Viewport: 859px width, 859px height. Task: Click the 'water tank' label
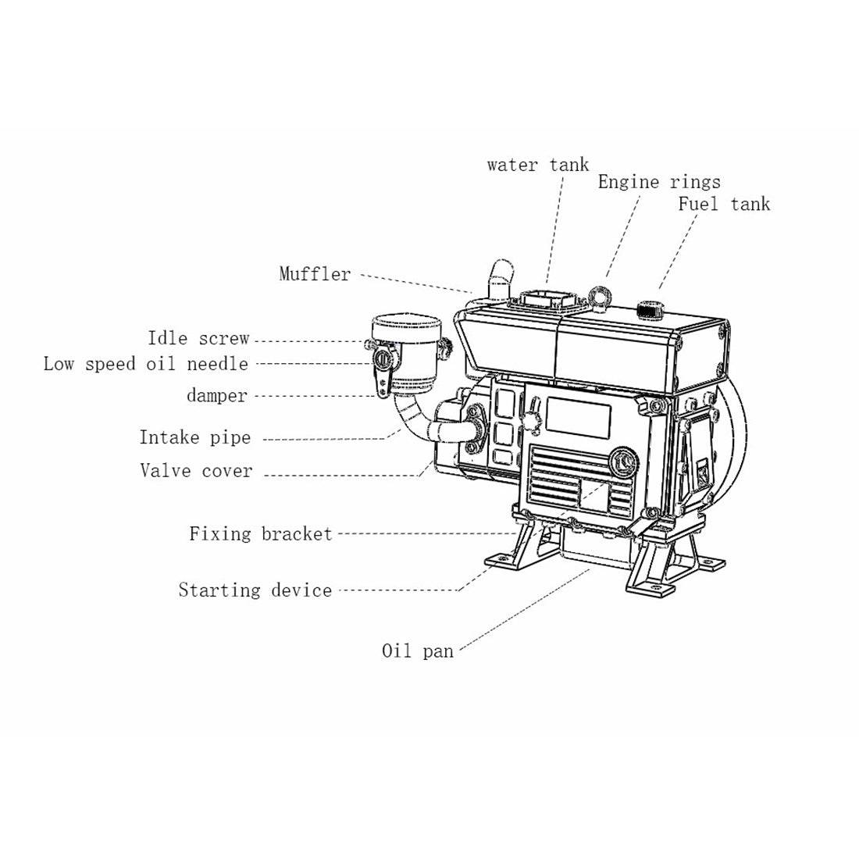(x=537, y=165)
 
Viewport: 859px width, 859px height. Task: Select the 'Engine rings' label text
(x=658, y=182)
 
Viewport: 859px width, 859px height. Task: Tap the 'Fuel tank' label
(x=723, y=205)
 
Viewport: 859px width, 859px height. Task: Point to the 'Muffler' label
(x=315, y=274)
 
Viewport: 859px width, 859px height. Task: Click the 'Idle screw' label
(x=198, y=339)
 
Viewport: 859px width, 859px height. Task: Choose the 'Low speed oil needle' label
(x=145, y=364)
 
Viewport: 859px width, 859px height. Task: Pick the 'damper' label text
(x=216, y=396)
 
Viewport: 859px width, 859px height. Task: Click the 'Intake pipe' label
(x=195, y=437)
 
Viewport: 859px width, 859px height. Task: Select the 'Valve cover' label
(x=196, y=471)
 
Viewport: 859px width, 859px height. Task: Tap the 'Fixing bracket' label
(x=260, y=534)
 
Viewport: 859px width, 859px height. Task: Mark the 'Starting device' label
(x=255, y=590)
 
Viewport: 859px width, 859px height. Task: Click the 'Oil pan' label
(x=417, y=651)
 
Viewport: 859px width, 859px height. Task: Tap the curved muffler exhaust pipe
(x=499, y=278)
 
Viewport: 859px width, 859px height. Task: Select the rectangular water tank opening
(x=543, y=301)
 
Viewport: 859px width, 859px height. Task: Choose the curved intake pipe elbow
(x=412, y=422)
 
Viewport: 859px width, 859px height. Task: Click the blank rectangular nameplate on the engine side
(x=578, y=415)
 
